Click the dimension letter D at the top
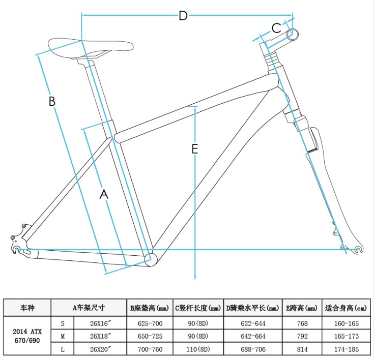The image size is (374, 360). click(183, 16)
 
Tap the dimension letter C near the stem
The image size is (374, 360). click(276, 28)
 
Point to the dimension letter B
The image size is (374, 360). click(52, 101)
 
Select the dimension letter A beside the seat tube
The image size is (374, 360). click(104, 194)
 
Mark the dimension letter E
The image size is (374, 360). click(195, 149)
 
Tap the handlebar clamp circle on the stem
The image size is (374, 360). click(293, 35)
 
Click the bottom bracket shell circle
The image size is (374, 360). click(151, 259)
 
